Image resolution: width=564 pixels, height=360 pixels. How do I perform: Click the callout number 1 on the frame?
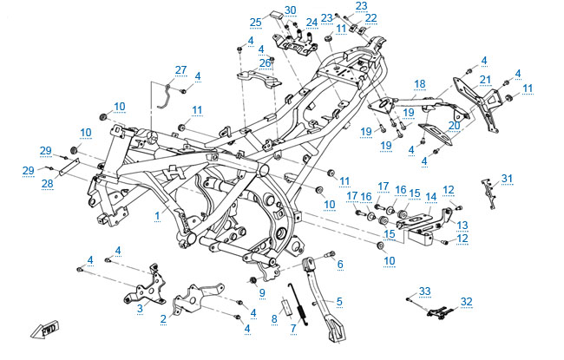tap(157, 213)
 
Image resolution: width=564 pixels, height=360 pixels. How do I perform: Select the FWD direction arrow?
tap(44, 331)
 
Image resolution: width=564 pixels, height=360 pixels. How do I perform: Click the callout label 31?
tap(507, 179)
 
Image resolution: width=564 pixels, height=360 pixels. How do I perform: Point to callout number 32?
tap(467, 302)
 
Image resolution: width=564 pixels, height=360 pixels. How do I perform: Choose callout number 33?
tap(424, 290)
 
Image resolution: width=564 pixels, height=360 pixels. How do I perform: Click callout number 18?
tap(420, 83)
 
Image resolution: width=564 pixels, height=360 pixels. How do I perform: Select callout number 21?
tap(485, 80)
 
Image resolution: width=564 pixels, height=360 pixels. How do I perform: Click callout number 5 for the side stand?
tap(339, 301)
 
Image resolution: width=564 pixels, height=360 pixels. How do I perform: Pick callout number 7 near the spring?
tap(293, 328)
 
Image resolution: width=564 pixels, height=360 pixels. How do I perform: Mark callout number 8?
tap(274, 319)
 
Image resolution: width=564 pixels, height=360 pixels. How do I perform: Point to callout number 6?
tap(340, 265)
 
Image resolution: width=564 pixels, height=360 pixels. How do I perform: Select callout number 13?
tap(462, 224)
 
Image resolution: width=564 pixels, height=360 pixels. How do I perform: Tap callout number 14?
tap(430, 197)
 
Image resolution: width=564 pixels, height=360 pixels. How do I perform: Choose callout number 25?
tap(256, 22)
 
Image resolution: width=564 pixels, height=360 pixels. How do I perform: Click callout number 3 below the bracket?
tap(140, 306)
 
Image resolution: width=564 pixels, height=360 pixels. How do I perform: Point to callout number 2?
tap(163, 318)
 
